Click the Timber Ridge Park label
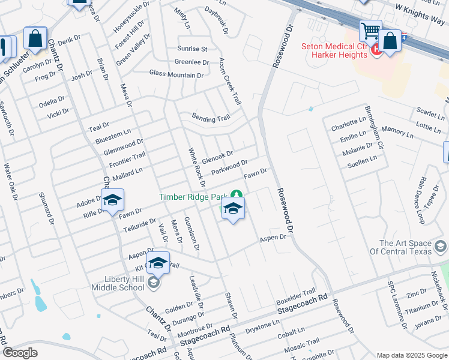194,197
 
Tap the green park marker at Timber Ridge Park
237,194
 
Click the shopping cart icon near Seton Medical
370,30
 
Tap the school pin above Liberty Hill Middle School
158,263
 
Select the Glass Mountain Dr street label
176,75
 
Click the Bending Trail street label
211,118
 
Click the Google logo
20,353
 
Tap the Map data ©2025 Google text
412,355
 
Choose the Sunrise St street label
192,49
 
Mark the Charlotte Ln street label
348,124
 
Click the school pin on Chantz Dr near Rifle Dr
112,201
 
